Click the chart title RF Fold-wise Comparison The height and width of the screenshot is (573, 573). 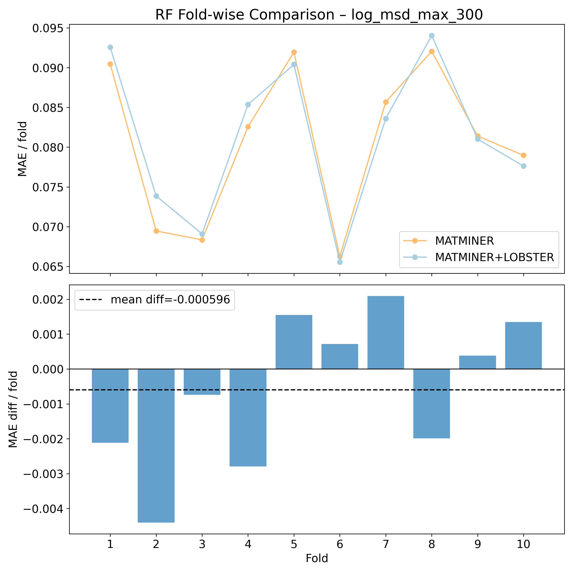[319, 15]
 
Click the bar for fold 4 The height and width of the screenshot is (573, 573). [248, 417]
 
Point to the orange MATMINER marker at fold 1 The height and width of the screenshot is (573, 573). [110, 64]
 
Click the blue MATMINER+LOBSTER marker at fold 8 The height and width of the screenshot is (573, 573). [431, 36]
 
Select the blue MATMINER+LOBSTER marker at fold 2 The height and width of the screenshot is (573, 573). [156, 196]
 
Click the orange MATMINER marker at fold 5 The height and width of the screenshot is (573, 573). [294, 52]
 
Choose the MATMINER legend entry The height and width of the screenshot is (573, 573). [464, 241]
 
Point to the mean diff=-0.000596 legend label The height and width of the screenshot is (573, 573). [170, 300]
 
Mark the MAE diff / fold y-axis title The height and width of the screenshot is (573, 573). [13, 409]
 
